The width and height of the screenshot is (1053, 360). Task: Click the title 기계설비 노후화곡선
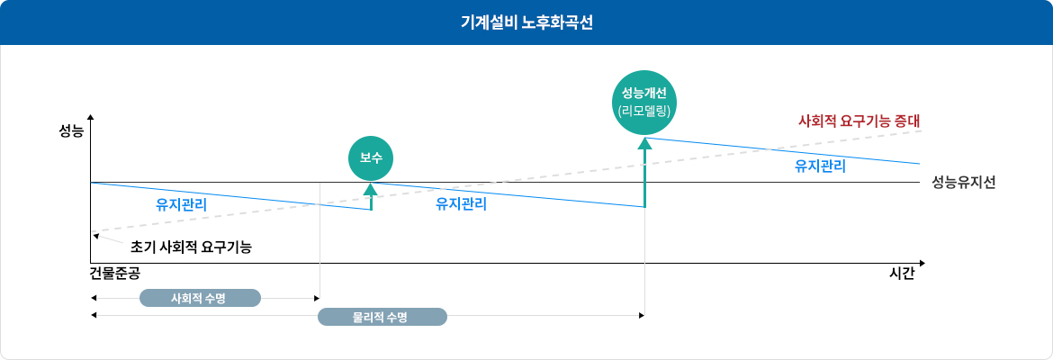click(526, 22)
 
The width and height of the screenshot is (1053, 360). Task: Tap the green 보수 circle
click(371, 158)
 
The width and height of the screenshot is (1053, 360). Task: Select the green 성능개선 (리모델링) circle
click(645, 102)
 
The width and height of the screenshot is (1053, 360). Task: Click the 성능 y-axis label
click(71, 131)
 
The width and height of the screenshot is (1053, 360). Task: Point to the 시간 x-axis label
click(901, 274)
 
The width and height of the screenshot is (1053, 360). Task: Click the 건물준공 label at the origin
click(114, 273)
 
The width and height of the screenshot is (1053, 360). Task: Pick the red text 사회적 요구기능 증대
click(863, 120)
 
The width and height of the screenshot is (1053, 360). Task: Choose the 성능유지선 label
click(963, 182)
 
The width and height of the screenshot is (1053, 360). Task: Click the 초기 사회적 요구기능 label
click(191, 246)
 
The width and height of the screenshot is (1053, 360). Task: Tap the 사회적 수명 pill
click(200, 298)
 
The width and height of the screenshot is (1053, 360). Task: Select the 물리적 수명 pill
click(382, 316)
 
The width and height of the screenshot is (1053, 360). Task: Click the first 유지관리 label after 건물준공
click(181, 204)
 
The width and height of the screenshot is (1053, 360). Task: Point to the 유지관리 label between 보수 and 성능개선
click(461, 204)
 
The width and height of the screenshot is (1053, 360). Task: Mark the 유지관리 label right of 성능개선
click(820, 166)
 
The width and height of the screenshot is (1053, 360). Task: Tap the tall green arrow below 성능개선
click(645, 171)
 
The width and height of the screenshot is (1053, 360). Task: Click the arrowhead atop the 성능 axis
click(91, 119)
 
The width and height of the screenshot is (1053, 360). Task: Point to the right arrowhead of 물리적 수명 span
click(642, 316)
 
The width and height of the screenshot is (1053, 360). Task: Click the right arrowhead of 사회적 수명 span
click(316, 298)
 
